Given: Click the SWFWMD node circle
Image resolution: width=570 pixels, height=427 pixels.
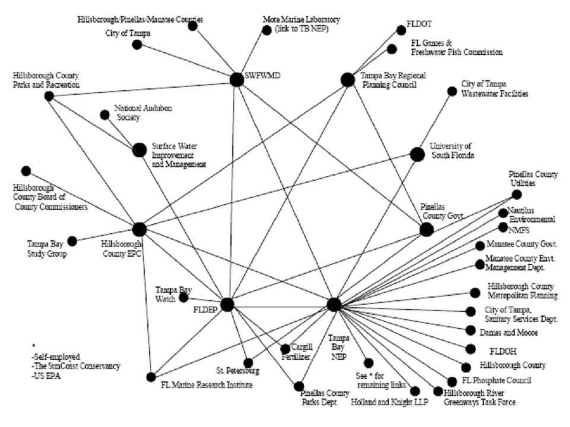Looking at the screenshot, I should pos(236,80).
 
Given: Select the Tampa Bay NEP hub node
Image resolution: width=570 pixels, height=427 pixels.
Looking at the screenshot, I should pos(334,305).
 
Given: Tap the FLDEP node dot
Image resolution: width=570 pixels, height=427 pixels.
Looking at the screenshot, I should pos(227,305).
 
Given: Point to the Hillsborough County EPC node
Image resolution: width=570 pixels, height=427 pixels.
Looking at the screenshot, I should pos(140,230).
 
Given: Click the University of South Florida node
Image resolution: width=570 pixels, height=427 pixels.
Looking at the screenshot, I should pos(417,154).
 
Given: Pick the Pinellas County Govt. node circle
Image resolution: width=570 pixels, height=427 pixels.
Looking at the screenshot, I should pos(426,230).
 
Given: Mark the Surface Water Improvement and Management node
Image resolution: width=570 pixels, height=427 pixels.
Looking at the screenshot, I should pos(139,151).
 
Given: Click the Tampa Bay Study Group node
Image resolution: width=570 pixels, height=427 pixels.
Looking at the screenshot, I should pos(72,241).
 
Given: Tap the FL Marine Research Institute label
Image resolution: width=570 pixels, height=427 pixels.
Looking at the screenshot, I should pos(207,385).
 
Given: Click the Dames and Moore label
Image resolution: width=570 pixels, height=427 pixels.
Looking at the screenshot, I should pos(511,333).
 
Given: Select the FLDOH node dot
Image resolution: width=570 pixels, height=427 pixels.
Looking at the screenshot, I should pos(471,349).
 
